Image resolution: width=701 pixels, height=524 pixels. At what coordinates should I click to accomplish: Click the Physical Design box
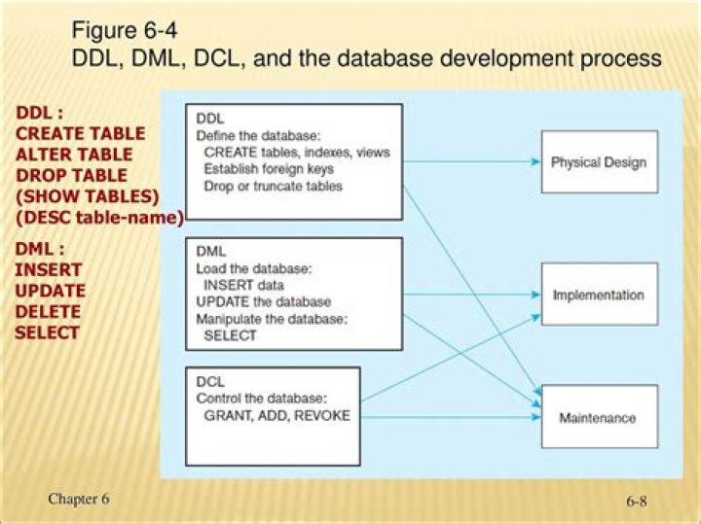(598, 161)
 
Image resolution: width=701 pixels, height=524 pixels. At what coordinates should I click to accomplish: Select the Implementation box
(598, 295)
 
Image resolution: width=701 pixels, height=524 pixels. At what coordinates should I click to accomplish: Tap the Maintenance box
(598, 417)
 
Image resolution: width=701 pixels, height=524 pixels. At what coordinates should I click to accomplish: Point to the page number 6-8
(637, 502)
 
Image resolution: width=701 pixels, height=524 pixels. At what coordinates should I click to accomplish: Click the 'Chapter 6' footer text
(79, 499)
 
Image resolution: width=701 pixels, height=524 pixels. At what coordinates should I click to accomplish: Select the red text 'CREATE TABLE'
(80, 133)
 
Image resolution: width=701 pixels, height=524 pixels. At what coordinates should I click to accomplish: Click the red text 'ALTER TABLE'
(74, 155)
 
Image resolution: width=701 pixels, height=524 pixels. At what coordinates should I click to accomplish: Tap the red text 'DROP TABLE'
(71, 176)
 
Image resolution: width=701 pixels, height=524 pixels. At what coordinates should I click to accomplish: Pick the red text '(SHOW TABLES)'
(87, 197)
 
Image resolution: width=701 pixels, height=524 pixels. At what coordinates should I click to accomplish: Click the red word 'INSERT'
(48, 269)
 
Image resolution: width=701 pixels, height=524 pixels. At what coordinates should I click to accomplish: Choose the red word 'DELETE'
(48, 311)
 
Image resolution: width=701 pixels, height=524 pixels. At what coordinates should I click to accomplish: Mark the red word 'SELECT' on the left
(47, 332)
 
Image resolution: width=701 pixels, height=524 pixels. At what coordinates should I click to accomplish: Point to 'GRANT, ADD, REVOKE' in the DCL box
(277, 415)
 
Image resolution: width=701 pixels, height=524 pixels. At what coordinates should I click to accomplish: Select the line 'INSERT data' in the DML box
(243, 286)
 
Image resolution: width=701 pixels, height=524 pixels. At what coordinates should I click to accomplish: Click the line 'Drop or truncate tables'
(273, 186)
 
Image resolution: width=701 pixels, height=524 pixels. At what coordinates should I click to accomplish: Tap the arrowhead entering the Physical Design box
(535, 161)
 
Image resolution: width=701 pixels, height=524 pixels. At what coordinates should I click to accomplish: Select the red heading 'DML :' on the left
(40, 249)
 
